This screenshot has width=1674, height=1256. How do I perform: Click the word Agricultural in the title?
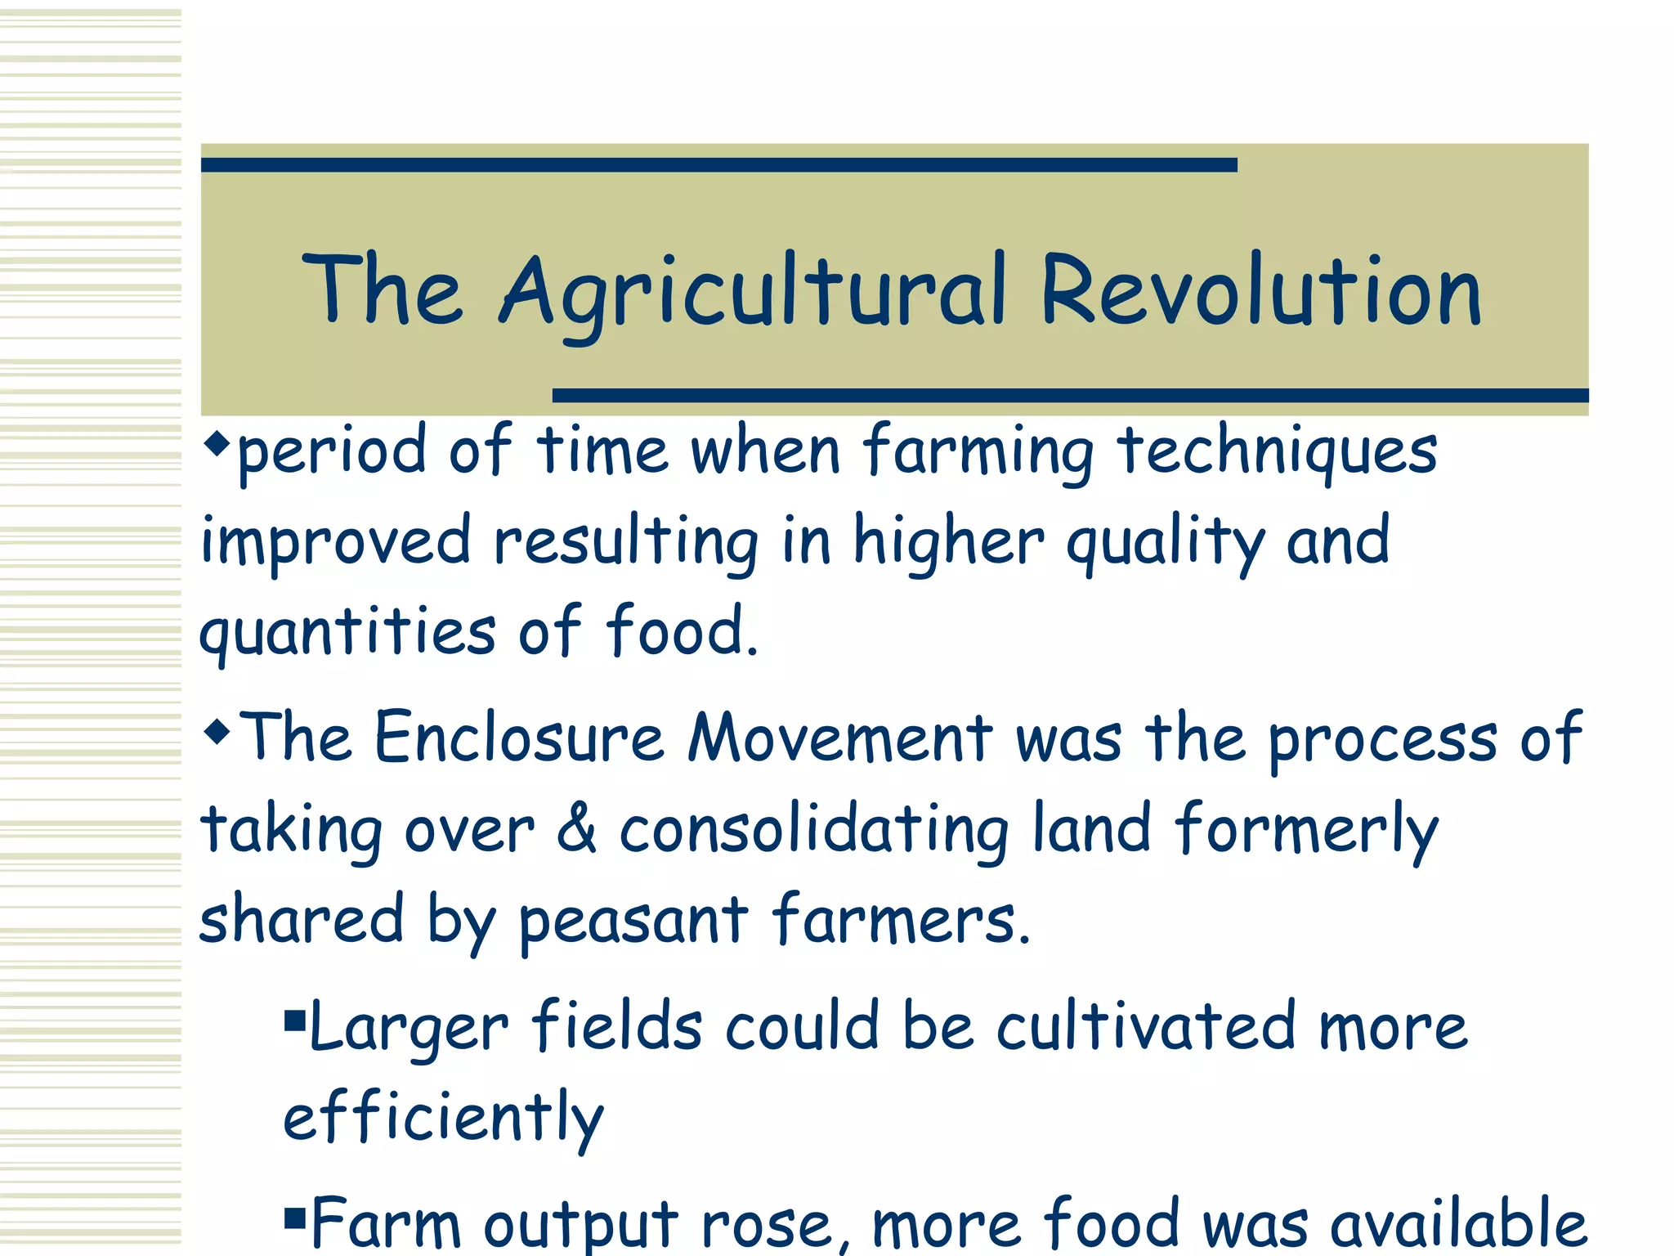(753, 293)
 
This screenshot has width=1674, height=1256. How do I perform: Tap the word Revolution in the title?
(1260, 291)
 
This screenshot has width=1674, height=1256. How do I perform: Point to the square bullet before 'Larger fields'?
(294, 1020)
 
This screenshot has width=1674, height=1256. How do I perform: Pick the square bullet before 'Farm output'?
(294, 1218)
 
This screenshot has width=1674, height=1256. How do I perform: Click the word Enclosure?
(519, 738)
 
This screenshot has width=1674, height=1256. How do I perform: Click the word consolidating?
(814, 831)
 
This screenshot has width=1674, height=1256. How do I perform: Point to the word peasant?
(633, 922)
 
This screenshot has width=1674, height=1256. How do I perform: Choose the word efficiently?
(443, 1118)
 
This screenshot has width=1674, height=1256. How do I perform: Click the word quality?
(1166, 542)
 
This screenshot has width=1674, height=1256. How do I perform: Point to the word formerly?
(1306, 831)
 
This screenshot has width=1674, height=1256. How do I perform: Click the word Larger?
(409, 1027)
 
